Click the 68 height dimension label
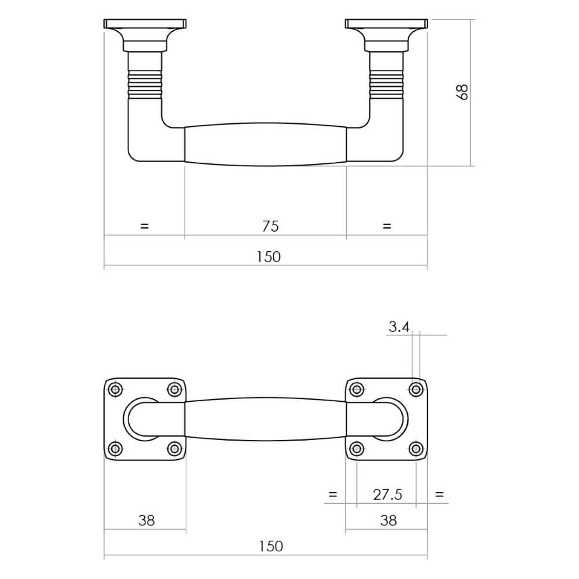(462, 92)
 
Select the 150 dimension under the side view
(269, 256)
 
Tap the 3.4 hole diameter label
(399, 327)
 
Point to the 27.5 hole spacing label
(387, 494)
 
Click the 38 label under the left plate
(146, 520)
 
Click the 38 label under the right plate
(389, 520)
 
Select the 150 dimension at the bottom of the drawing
(270, 546)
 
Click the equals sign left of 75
(144, 226)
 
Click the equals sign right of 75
(387, 226)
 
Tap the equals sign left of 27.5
(332, 494)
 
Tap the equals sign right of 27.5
(439, 494)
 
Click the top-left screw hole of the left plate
(116, 389)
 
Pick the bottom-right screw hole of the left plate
(174, 448)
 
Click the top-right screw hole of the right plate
(415, 389)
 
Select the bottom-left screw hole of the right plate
(357, 448)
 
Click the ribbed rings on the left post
(144, 83)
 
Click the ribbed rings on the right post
(386, 83)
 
